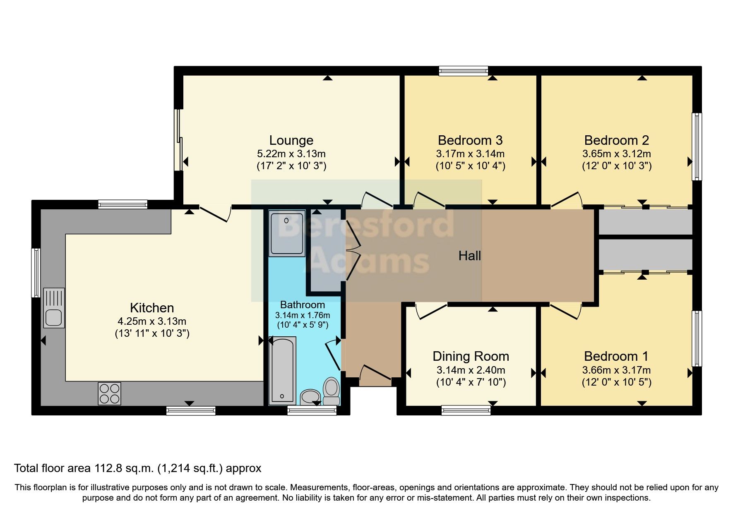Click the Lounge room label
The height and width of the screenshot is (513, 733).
click(x=291, y=141)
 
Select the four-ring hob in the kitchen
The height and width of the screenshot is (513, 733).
click(x=109, y=393)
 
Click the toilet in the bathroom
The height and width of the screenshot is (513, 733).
click(x=331, y=391)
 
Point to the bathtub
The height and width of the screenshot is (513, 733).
click(x=283, y=370)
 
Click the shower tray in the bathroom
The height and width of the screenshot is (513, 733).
click(x=286, y=233)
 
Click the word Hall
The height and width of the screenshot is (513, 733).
click(x=469, y=256)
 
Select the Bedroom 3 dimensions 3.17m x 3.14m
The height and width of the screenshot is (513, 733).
click(x=470, y=154)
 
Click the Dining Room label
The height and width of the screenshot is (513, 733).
click(x=471, y=356)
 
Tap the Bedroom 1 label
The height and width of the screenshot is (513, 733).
click(x=616, y=356)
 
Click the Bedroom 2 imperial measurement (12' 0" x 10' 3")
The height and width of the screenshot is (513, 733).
click(x=616, y=166)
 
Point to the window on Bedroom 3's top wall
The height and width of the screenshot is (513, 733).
click(x=463, y=71)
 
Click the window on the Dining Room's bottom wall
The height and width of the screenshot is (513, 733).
click(x=466, y=410)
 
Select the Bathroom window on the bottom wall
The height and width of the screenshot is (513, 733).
click(x=312, y=410)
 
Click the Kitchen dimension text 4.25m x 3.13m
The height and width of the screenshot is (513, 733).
click(x=152, y=321)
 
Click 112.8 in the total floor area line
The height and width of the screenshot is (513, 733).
click(x=108, y=468)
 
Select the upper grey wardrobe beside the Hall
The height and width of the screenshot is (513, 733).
click(x=645, y=222)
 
